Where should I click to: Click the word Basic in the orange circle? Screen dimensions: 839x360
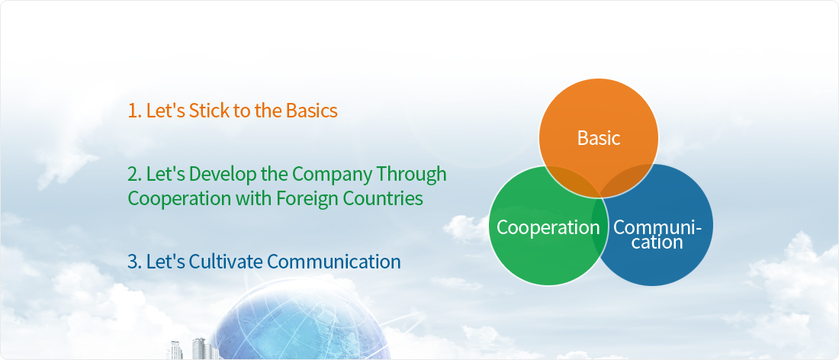point(598,138)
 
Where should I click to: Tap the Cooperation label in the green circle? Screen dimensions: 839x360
point(548,227)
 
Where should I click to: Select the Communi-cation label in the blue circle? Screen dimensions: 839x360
point(657,234)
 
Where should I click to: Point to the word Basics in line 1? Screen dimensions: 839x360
point(311,110)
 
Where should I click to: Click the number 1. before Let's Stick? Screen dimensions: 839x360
point(135,110)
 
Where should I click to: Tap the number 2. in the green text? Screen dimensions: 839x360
point(135,174)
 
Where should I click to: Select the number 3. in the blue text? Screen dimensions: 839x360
point(135,262)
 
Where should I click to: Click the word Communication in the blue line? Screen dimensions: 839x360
point(334,262)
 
